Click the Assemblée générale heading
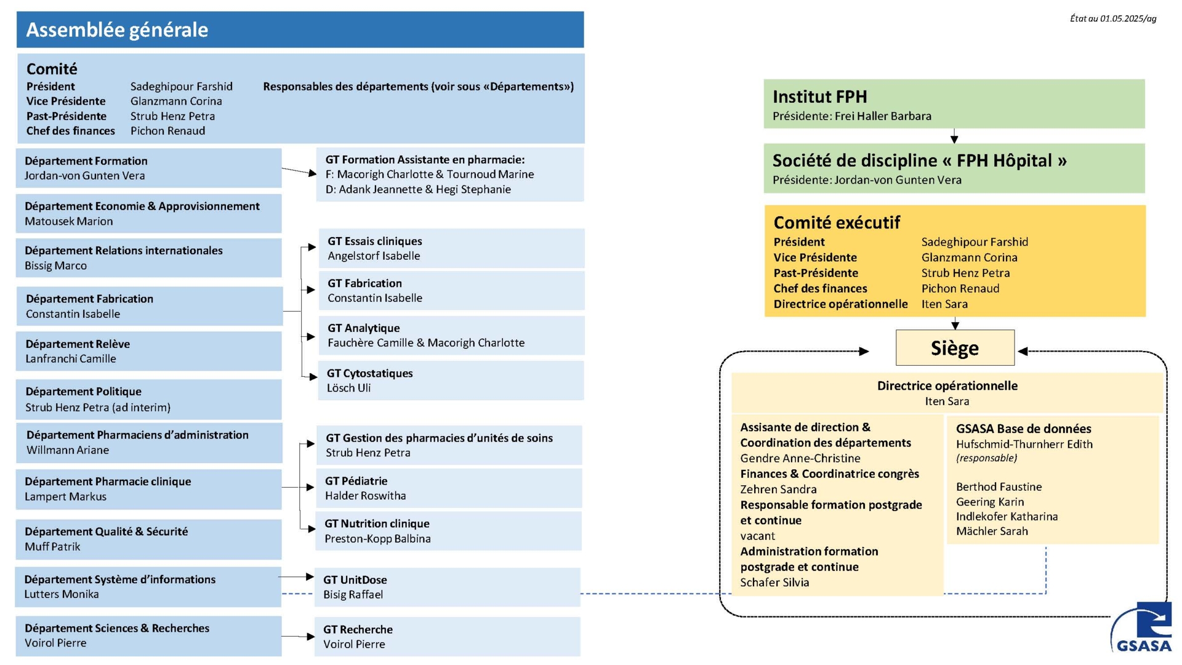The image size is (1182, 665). [117, 30]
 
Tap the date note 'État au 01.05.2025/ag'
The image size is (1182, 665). [1113, 18]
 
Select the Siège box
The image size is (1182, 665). [955, 348]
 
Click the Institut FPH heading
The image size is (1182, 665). [819, 97]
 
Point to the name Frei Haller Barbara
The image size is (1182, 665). [883, 116]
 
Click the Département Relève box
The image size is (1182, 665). [149, 351]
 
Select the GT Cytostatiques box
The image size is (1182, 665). [451, 381]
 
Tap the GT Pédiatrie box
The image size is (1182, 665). [449, 488]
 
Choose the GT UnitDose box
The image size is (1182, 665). [448, 587]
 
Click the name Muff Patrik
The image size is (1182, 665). [52, 546]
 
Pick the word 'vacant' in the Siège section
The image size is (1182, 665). [757, 536]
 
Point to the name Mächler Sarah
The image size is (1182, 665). [992, 531]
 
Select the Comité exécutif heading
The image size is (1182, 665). [837, 222]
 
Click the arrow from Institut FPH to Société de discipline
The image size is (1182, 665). [954, 136]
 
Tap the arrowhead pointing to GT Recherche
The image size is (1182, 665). [311, 637]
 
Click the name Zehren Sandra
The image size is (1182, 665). [778, 489]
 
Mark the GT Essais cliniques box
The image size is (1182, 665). [451, 248]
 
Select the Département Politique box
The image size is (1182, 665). [149, 399]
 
